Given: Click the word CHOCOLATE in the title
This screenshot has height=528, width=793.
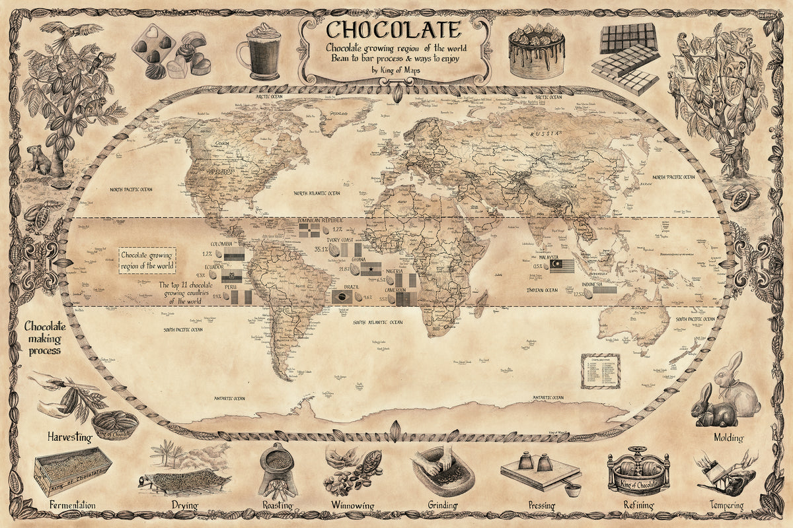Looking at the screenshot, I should pyautogui.click(x=393, y=30).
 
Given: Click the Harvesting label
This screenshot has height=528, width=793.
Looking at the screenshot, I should pyautogui.click(x=69, y=437).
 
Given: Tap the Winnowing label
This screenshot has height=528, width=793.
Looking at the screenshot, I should pyautogui.click(x=352, y=506).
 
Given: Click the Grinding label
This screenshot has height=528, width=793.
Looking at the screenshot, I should pyautogui.click(x=443, y=506).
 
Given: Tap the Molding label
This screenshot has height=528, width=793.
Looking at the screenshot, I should pyautogui.click(x=728, y=438).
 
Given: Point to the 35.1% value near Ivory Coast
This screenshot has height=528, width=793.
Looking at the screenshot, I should pyautogui.click(x=322, y=249).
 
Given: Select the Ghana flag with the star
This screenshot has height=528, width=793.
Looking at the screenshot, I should pyautogui.click(x=370, y=269).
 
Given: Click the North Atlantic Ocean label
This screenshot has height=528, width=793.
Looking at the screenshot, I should pyautogui.click(x=317, y=193).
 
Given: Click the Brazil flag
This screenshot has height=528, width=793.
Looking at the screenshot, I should pyautogui.click(x=342, y=297).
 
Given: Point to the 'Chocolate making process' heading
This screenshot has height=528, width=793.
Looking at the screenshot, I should pyautogui.click(x=46, y=338).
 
